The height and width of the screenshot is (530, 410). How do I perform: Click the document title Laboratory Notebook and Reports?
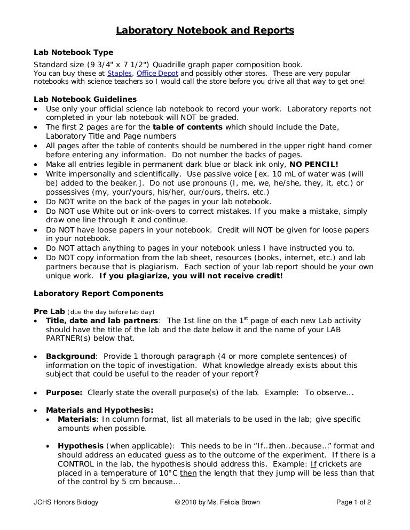205,31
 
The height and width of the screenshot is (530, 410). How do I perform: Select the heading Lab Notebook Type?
73,52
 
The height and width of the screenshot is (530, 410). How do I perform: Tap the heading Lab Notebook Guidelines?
85,99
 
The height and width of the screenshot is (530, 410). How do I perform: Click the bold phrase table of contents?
187,127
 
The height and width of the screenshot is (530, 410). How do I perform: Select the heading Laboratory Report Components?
98,293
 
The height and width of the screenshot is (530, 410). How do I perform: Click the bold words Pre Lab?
49,311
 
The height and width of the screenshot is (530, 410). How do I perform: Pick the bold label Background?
70,356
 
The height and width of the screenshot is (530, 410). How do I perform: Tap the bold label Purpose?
64,392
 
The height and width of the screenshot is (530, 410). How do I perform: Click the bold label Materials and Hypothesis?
99,410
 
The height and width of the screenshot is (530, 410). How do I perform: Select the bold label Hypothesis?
81,446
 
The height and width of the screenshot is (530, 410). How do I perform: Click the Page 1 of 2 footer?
353,502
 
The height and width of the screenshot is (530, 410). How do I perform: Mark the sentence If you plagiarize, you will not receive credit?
191,276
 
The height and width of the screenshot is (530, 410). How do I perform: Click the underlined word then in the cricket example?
187,473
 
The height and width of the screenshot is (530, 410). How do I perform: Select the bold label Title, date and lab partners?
102,320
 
